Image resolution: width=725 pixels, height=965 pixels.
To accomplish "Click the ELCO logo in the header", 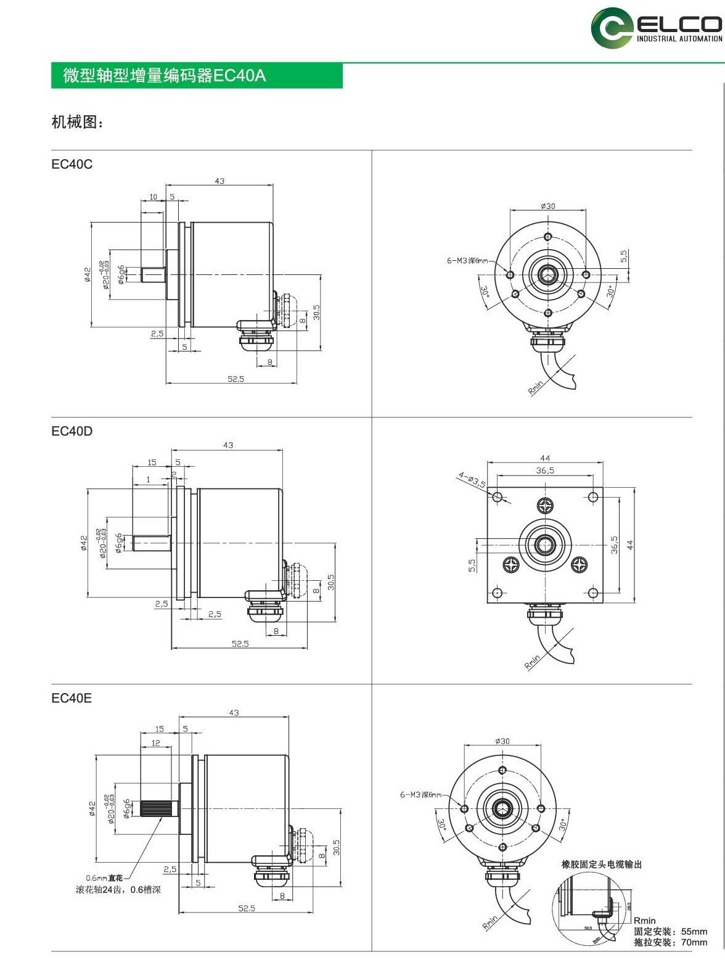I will click(x=656, y=28).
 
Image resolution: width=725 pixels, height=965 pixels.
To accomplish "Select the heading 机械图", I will click(x=77, y=122).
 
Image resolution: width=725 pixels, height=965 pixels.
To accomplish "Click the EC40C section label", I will click(x=72, y=165).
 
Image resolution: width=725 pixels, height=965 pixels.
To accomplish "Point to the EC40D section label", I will click(x=72, y=431).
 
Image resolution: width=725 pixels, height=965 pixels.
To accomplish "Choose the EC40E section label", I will click(x=72, y=698).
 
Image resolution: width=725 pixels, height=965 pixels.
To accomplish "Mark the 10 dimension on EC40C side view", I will click(x=153, y=197).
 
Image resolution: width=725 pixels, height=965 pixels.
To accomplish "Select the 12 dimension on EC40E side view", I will click(x=155, y=743).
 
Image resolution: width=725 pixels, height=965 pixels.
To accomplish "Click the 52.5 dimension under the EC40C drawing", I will click(x=236, y=379).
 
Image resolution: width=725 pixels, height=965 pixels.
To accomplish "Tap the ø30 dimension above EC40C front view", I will click(x=547, y=205).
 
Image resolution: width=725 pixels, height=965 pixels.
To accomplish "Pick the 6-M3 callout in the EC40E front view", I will click(x=421, y=795).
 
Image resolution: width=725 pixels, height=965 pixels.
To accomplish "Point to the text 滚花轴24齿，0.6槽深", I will click(x=118, y=890).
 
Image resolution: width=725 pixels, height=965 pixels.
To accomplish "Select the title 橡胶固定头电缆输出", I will click(x=602, y=864).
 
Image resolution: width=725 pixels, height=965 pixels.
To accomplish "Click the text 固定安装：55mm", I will click(x=670, y=932).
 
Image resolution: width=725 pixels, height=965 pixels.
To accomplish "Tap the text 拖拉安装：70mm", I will click(x=670, y=942).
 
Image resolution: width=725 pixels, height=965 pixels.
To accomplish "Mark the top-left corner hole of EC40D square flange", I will click(x=497, y=496).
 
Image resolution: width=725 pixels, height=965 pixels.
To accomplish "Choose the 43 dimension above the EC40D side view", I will click(x=228, y=445).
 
